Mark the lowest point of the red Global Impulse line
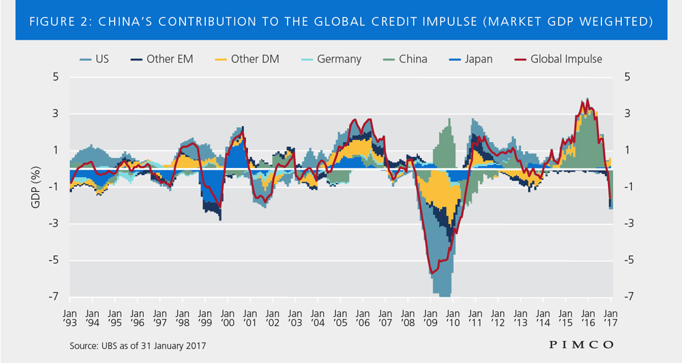[430, 273]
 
